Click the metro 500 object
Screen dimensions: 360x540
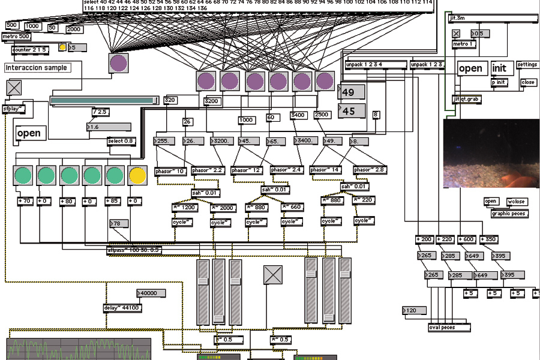[x=16, y=37]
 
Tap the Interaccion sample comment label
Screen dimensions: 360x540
[x=37, y=68]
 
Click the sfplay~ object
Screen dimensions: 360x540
[x=14, y=109]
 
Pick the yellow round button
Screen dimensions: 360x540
[x=137, y=175]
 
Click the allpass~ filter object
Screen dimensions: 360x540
[x=134, y=250]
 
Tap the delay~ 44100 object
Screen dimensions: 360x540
[x=122, y=308]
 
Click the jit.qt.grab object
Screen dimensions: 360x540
[x=467, y=99]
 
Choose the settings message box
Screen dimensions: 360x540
[x=527, y=65]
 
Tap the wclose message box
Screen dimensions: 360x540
[x=516, y=201]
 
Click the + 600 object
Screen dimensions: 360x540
[x=467, y=239]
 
